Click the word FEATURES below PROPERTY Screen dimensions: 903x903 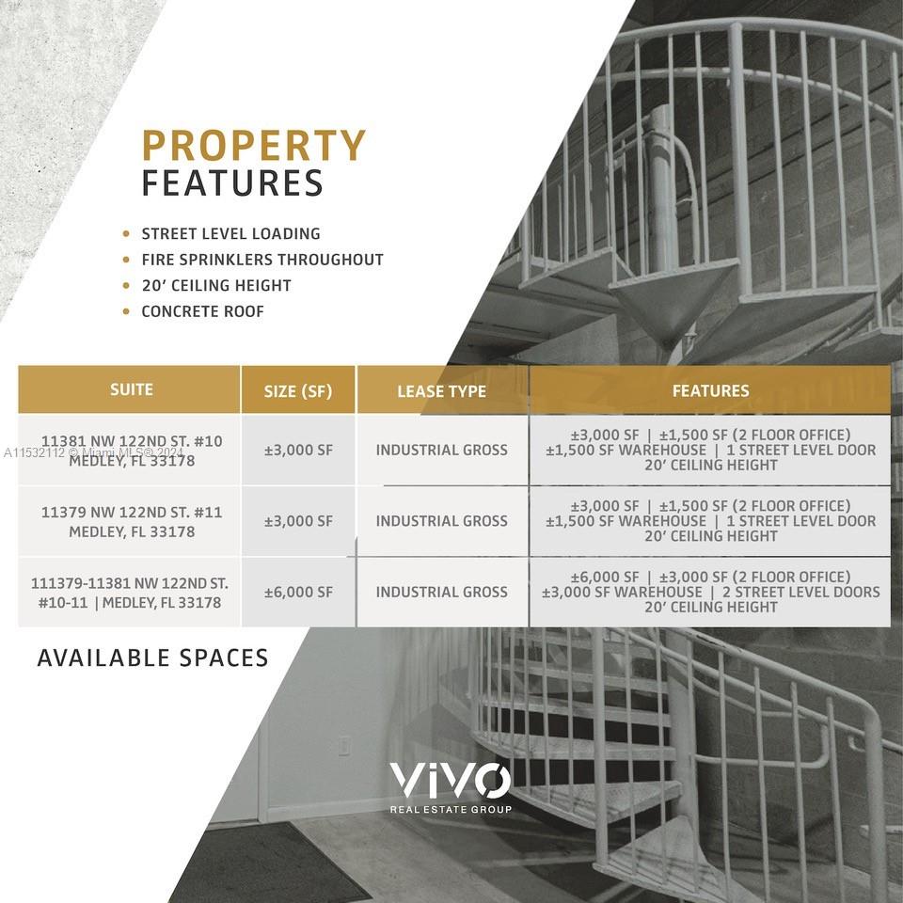click(x=232, y=183)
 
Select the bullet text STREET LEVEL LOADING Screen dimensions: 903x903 click(x=231, y=234)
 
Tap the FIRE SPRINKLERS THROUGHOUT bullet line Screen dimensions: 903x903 click(x=262, y=260)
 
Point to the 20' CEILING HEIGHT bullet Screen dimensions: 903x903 click(x=216, y=286)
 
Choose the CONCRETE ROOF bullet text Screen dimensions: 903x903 click(x=203, y=311)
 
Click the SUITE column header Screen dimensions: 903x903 click(x=132, y=389)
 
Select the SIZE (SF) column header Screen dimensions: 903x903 click(x=298, y=391)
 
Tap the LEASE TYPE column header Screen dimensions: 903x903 click(x=442, y=391)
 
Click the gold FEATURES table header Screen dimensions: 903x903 click(x=711, y=391)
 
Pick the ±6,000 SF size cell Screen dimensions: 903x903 click(x=298, y=592)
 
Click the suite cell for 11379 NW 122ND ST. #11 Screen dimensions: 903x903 click(x=132, y=522)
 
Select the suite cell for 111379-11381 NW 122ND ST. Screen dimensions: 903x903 click(x=130, y=593)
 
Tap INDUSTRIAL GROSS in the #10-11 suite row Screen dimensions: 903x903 click(x=442, y=592)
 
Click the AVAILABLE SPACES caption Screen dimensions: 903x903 click(x=152, y=657)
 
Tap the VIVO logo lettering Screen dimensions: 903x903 click(x=451, y=781)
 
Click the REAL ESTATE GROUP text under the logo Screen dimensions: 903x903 click(x=451, y=810)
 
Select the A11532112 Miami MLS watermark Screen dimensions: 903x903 click(x=93, y=452)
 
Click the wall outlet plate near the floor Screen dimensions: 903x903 click(x=344, y=746)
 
